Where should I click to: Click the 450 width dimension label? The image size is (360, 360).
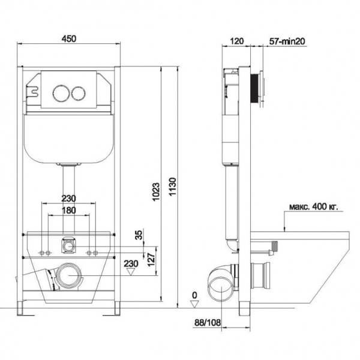[x=69, y=38]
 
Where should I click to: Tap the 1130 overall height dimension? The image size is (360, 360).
[x=172, y=187]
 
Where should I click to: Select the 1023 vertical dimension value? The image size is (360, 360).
[x=156, y=192]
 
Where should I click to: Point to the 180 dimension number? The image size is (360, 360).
[x=68, y=211]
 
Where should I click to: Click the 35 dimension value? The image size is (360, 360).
[x=139, y=235]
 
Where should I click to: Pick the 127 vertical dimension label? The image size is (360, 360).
[x=151, y=260]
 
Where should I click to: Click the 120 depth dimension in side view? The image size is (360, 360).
[x=237, y=41]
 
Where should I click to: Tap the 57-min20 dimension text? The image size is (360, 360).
[x=287, y=41]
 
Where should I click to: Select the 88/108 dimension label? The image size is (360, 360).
[x=208, y=322]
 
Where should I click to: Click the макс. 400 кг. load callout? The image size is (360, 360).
[x=313, y=206]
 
